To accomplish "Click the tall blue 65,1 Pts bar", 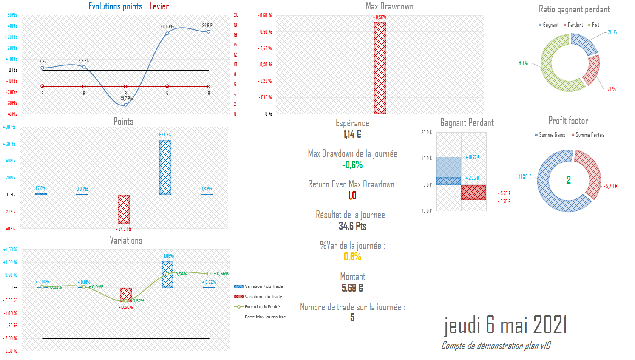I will click(165, 167).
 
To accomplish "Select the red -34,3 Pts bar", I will click(124, 209).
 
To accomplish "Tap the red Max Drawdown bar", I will click(380, 68).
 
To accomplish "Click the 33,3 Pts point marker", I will click(167, 33).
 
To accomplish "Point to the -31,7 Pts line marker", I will click(125, 105).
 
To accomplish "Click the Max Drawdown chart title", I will click(389, 6).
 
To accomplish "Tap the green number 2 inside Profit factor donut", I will click(568, 180).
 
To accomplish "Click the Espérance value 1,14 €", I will click(352, 134).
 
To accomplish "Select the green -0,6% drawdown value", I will click(352, 165).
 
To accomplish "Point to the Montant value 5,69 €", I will click(352, 288).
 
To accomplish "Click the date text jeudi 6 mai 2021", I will click(505, 325).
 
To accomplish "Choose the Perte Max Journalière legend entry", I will click(265, 317).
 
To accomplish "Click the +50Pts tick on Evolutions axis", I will click(11, 15).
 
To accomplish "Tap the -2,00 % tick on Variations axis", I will click(11, 338).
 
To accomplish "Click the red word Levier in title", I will click(159, 6).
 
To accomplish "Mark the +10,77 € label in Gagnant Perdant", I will click(472, 157).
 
